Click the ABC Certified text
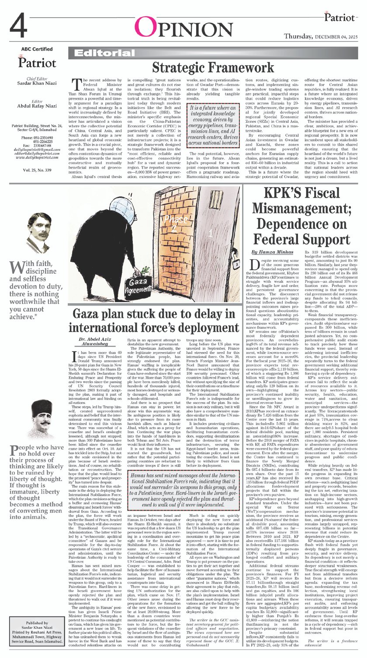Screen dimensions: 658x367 point(37,49)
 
